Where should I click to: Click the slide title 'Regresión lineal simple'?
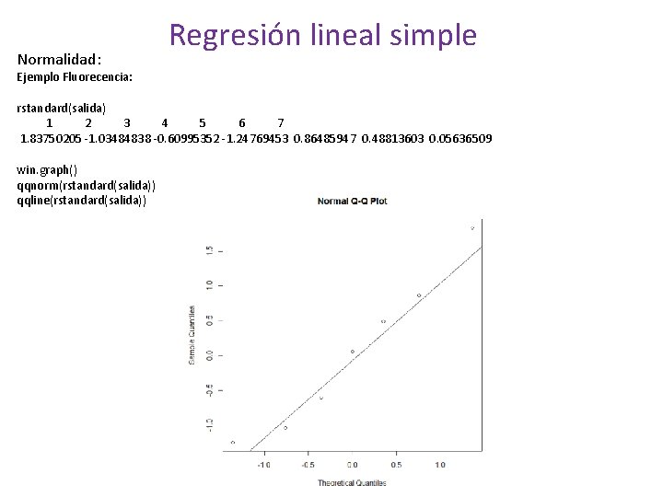[323, 35]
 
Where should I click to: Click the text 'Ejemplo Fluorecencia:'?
[75, 77]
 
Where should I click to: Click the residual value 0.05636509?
[460, 139]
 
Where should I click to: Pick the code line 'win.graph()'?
[48, 169]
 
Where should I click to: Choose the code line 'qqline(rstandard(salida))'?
[81, 200]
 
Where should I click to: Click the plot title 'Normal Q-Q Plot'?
[352, 202]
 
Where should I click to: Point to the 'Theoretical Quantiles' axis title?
[353, 482]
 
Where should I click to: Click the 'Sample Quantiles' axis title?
[192, 334]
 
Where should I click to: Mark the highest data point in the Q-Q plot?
[472, 228]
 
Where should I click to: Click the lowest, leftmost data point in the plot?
[233, 443]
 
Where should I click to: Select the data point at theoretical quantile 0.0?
[353, 352]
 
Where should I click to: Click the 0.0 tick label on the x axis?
[353, 465]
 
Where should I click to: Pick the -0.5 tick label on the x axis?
[308, 465]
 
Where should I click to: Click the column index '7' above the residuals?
[281, 123]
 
